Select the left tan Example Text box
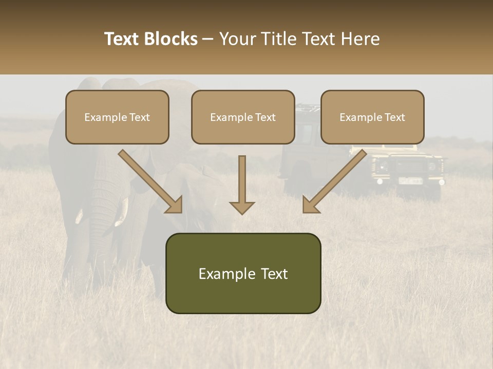(x=117, y=117)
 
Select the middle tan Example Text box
(x=243, y=117)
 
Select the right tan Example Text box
(x=372, y=117)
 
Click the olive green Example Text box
(x=243, y=273)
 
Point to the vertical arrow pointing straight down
(x=242, y=184)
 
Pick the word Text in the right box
(x=394, y=117)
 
